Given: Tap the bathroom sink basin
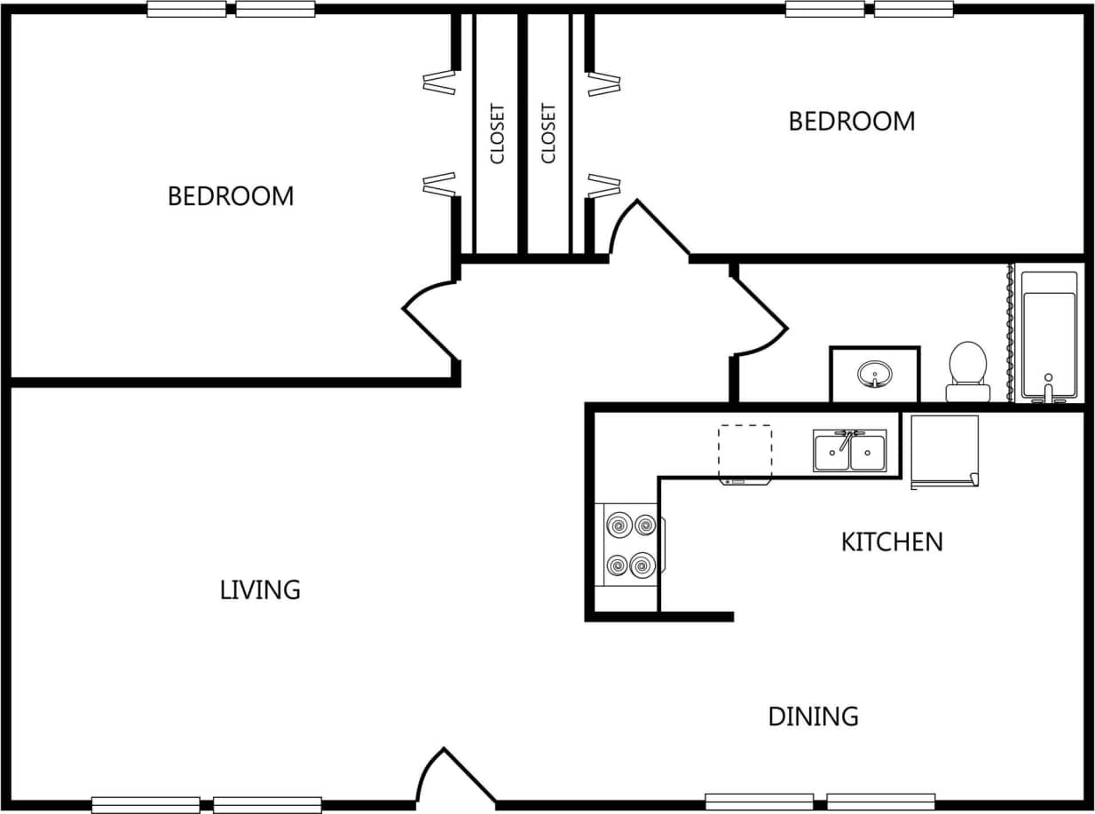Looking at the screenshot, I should click(875, 375).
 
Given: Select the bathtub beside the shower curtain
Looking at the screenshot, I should click(1049, 335).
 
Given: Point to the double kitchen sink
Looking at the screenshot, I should click(849, 451).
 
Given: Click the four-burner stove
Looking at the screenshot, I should click(630, 544).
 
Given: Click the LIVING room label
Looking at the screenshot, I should click(260, 589).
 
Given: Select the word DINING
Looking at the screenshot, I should click(813, 716).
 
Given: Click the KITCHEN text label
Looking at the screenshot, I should click(891, 542).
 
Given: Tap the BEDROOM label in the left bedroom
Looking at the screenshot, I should click(231, 196).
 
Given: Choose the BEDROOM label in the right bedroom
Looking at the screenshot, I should click(851, 122).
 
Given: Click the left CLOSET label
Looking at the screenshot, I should click(497, 134).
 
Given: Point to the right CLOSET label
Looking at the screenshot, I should click(548, 134).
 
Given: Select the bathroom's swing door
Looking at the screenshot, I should click(760, 315).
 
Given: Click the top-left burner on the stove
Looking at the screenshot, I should click(617, 526).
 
